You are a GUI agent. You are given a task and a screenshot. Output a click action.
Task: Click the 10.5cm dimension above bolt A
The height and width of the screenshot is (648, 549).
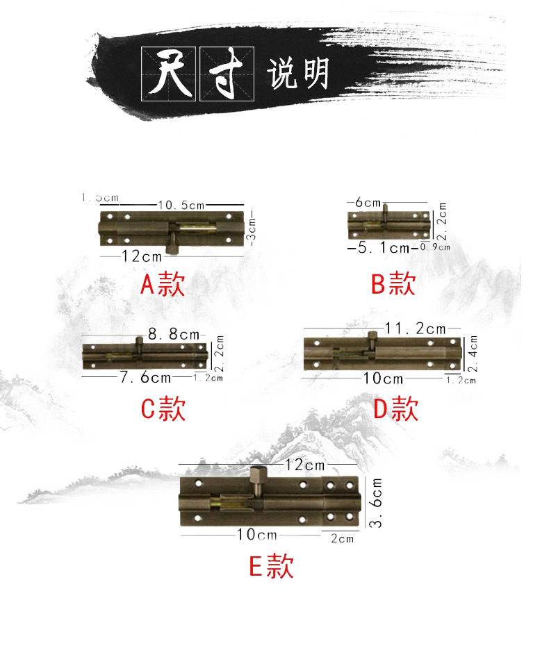181,205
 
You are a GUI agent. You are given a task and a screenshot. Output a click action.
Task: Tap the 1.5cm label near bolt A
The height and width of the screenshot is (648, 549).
100,198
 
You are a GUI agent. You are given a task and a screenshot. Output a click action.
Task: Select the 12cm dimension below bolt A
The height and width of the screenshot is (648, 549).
142,256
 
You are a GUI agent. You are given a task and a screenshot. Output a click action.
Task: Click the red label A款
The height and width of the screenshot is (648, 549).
163,284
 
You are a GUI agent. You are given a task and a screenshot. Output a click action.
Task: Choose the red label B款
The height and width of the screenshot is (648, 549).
393,284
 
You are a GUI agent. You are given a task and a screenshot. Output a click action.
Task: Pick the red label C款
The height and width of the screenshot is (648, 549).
163,410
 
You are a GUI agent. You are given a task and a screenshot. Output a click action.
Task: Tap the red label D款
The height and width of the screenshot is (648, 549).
395,410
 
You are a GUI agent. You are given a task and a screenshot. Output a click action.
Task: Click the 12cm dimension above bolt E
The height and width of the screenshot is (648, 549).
304,465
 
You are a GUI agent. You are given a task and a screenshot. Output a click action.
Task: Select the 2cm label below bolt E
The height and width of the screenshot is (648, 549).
343,538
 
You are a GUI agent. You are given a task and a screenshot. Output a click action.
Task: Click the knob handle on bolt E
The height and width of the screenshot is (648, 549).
255,479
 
